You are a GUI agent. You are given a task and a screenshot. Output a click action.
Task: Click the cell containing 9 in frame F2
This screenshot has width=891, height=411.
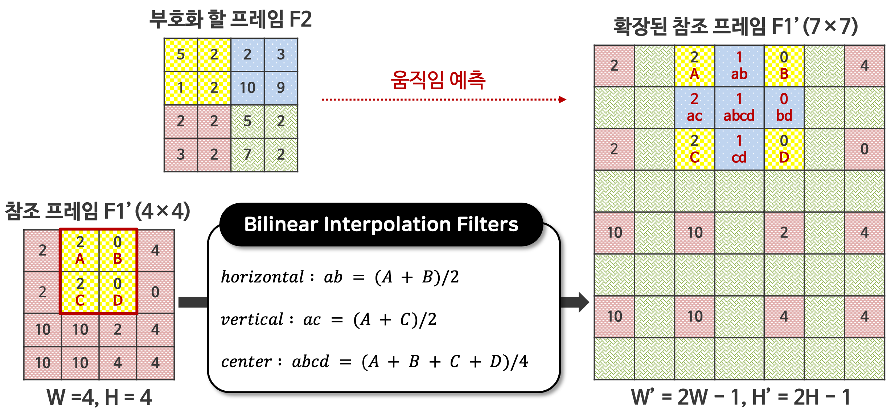[x=281, y=88]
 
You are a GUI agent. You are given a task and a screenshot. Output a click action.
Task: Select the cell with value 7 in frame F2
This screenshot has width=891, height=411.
[x=247, y=155]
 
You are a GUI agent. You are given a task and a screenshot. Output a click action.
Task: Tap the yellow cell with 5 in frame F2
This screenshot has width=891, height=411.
[x=181, y=55]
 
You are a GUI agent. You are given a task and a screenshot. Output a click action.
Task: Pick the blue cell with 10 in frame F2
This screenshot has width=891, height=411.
[x=247, y=88]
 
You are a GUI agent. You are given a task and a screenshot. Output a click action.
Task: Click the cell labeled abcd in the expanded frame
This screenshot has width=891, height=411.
[x=739, y=107]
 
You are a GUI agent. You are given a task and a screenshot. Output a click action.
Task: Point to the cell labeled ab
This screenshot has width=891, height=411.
[x=739, y=66]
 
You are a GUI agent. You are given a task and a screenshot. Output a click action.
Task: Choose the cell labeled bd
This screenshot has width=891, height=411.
[x=784, y=107]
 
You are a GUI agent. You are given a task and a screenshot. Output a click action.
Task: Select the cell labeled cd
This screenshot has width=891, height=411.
[x=739, y=149]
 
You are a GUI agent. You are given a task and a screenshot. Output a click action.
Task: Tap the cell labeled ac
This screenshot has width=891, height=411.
[x=694, y=107]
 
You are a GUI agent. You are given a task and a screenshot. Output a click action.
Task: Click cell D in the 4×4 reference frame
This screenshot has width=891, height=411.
[x=118, y=292]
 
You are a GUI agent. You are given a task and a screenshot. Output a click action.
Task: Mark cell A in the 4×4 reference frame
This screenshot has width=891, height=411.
[x=80, y=251]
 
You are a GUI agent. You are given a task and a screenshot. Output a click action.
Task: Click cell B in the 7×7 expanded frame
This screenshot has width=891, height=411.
[x=784, y=66]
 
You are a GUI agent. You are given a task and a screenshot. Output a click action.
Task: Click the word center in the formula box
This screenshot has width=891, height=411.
[x=246, y=362]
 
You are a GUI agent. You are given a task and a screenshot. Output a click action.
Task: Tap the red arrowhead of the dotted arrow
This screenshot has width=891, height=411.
[x=563, y=99]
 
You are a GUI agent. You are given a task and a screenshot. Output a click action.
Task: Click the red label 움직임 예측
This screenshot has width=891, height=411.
[x=438, y=80]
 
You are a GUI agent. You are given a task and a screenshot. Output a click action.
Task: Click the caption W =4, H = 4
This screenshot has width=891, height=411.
[x=99, y=397]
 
